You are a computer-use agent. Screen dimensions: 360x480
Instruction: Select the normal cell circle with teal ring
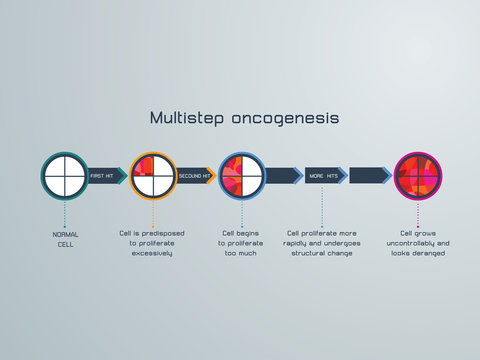click(x=64, y=176)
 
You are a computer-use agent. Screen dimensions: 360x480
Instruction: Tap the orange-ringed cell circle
click(x=153, y=176)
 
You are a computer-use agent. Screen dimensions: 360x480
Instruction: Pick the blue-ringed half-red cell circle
click(x=241, y=176)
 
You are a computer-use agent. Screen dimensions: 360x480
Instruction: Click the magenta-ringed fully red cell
click(x=418, y=176)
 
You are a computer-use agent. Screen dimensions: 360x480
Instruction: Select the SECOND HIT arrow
click(x=196, y=176)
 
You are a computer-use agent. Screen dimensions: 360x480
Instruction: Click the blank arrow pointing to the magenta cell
click(x=369, y=176)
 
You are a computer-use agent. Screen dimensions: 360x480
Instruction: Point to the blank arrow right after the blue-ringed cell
click(x=282, y=176)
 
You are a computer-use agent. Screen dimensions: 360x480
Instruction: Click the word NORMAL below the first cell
click(x=65, y=234)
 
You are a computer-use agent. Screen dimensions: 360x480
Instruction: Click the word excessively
click(x=152, y=253)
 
